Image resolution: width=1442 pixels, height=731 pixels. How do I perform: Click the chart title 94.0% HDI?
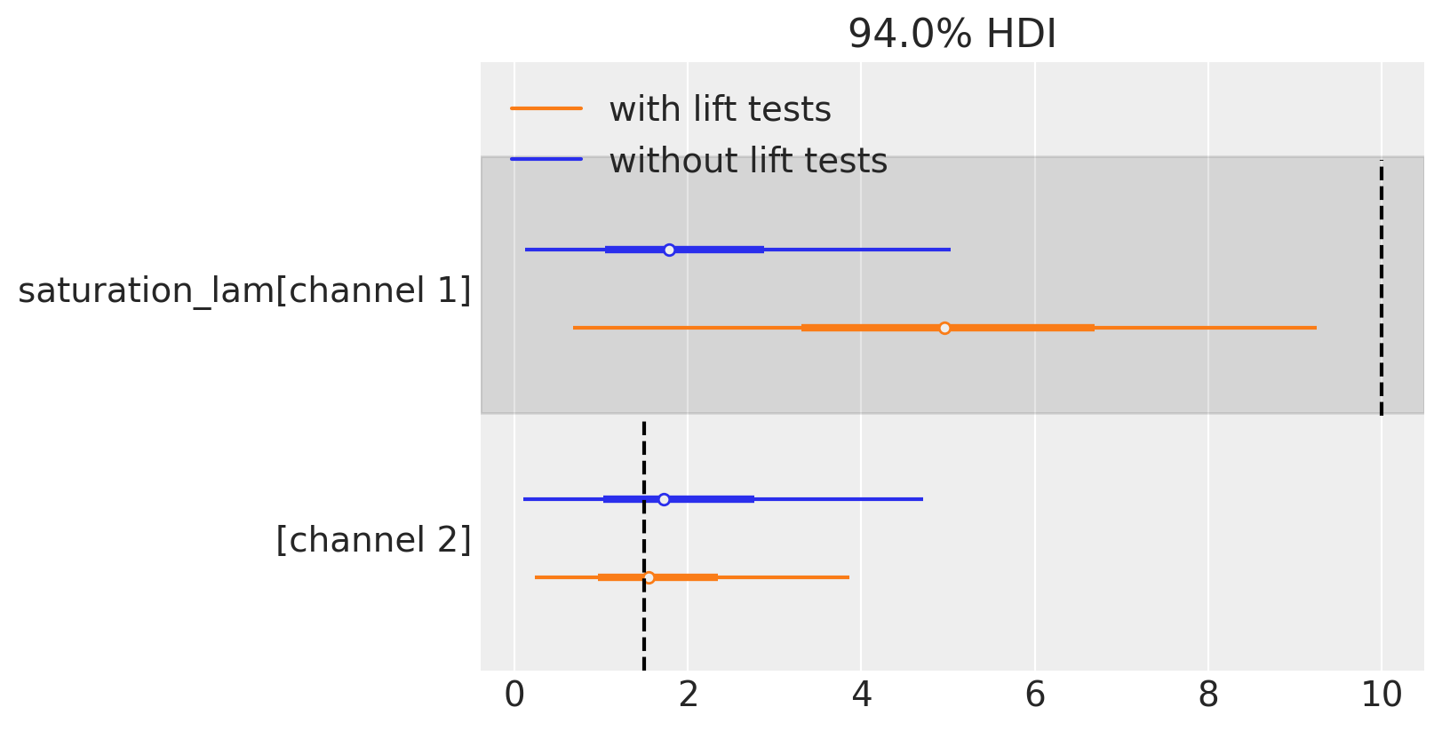pyautogui.click(x=952, y=34)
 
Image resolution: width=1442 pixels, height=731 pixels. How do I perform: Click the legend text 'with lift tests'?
pyautogui.click(x=720, y=109)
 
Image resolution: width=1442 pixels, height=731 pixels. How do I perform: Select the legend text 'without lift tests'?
pyautogui.click(x=748, y=161)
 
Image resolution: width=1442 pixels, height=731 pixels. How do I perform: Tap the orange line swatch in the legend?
pyautogui.click(x=546, y=108)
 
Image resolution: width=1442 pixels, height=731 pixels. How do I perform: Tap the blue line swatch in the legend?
pyautogui.click(x=546, y=159)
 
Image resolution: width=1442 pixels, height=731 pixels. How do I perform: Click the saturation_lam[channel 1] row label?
pyautogui.click(x=244, y=290)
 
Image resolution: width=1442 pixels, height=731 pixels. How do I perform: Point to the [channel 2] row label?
pyautogui.click(x=373, y=539)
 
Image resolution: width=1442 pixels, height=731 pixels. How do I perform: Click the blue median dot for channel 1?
pyautogui.click(x=669, y=250)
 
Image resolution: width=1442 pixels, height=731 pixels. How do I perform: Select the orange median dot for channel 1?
pyautogui.click(x=944, y=328)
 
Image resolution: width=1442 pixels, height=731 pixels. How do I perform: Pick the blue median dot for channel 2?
pyautogui.click(x=664, y=499)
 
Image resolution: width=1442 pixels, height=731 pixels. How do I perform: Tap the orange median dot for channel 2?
pyautogui.click(x=649, y=577)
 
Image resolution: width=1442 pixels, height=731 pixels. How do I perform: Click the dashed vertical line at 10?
pyautogui.click(x=1381, y=284)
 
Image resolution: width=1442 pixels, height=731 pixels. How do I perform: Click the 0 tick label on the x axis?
pyautogui.click(x=514, y=695)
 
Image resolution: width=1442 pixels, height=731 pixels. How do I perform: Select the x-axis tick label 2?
pyautogui.click(x=688, y=695)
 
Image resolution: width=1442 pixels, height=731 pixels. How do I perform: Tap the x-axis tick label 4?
pyautogui.click(x=861, y=695)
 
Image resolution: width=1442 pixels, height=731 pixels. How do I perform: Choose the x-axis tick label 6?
pyautogui.click(x=1034, y=695)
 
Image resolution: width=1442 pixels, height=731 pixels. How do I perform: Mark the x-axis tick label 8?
pyautogui.click(x=1207, y=695)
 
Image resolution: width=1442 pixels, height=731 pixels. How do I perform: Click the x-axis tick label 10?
pyautogui.click(x=1382, y=695)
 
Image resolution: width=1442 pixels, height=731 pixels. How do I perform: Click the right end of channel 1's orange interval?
pyautogui.click(x=1315, y=328)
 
